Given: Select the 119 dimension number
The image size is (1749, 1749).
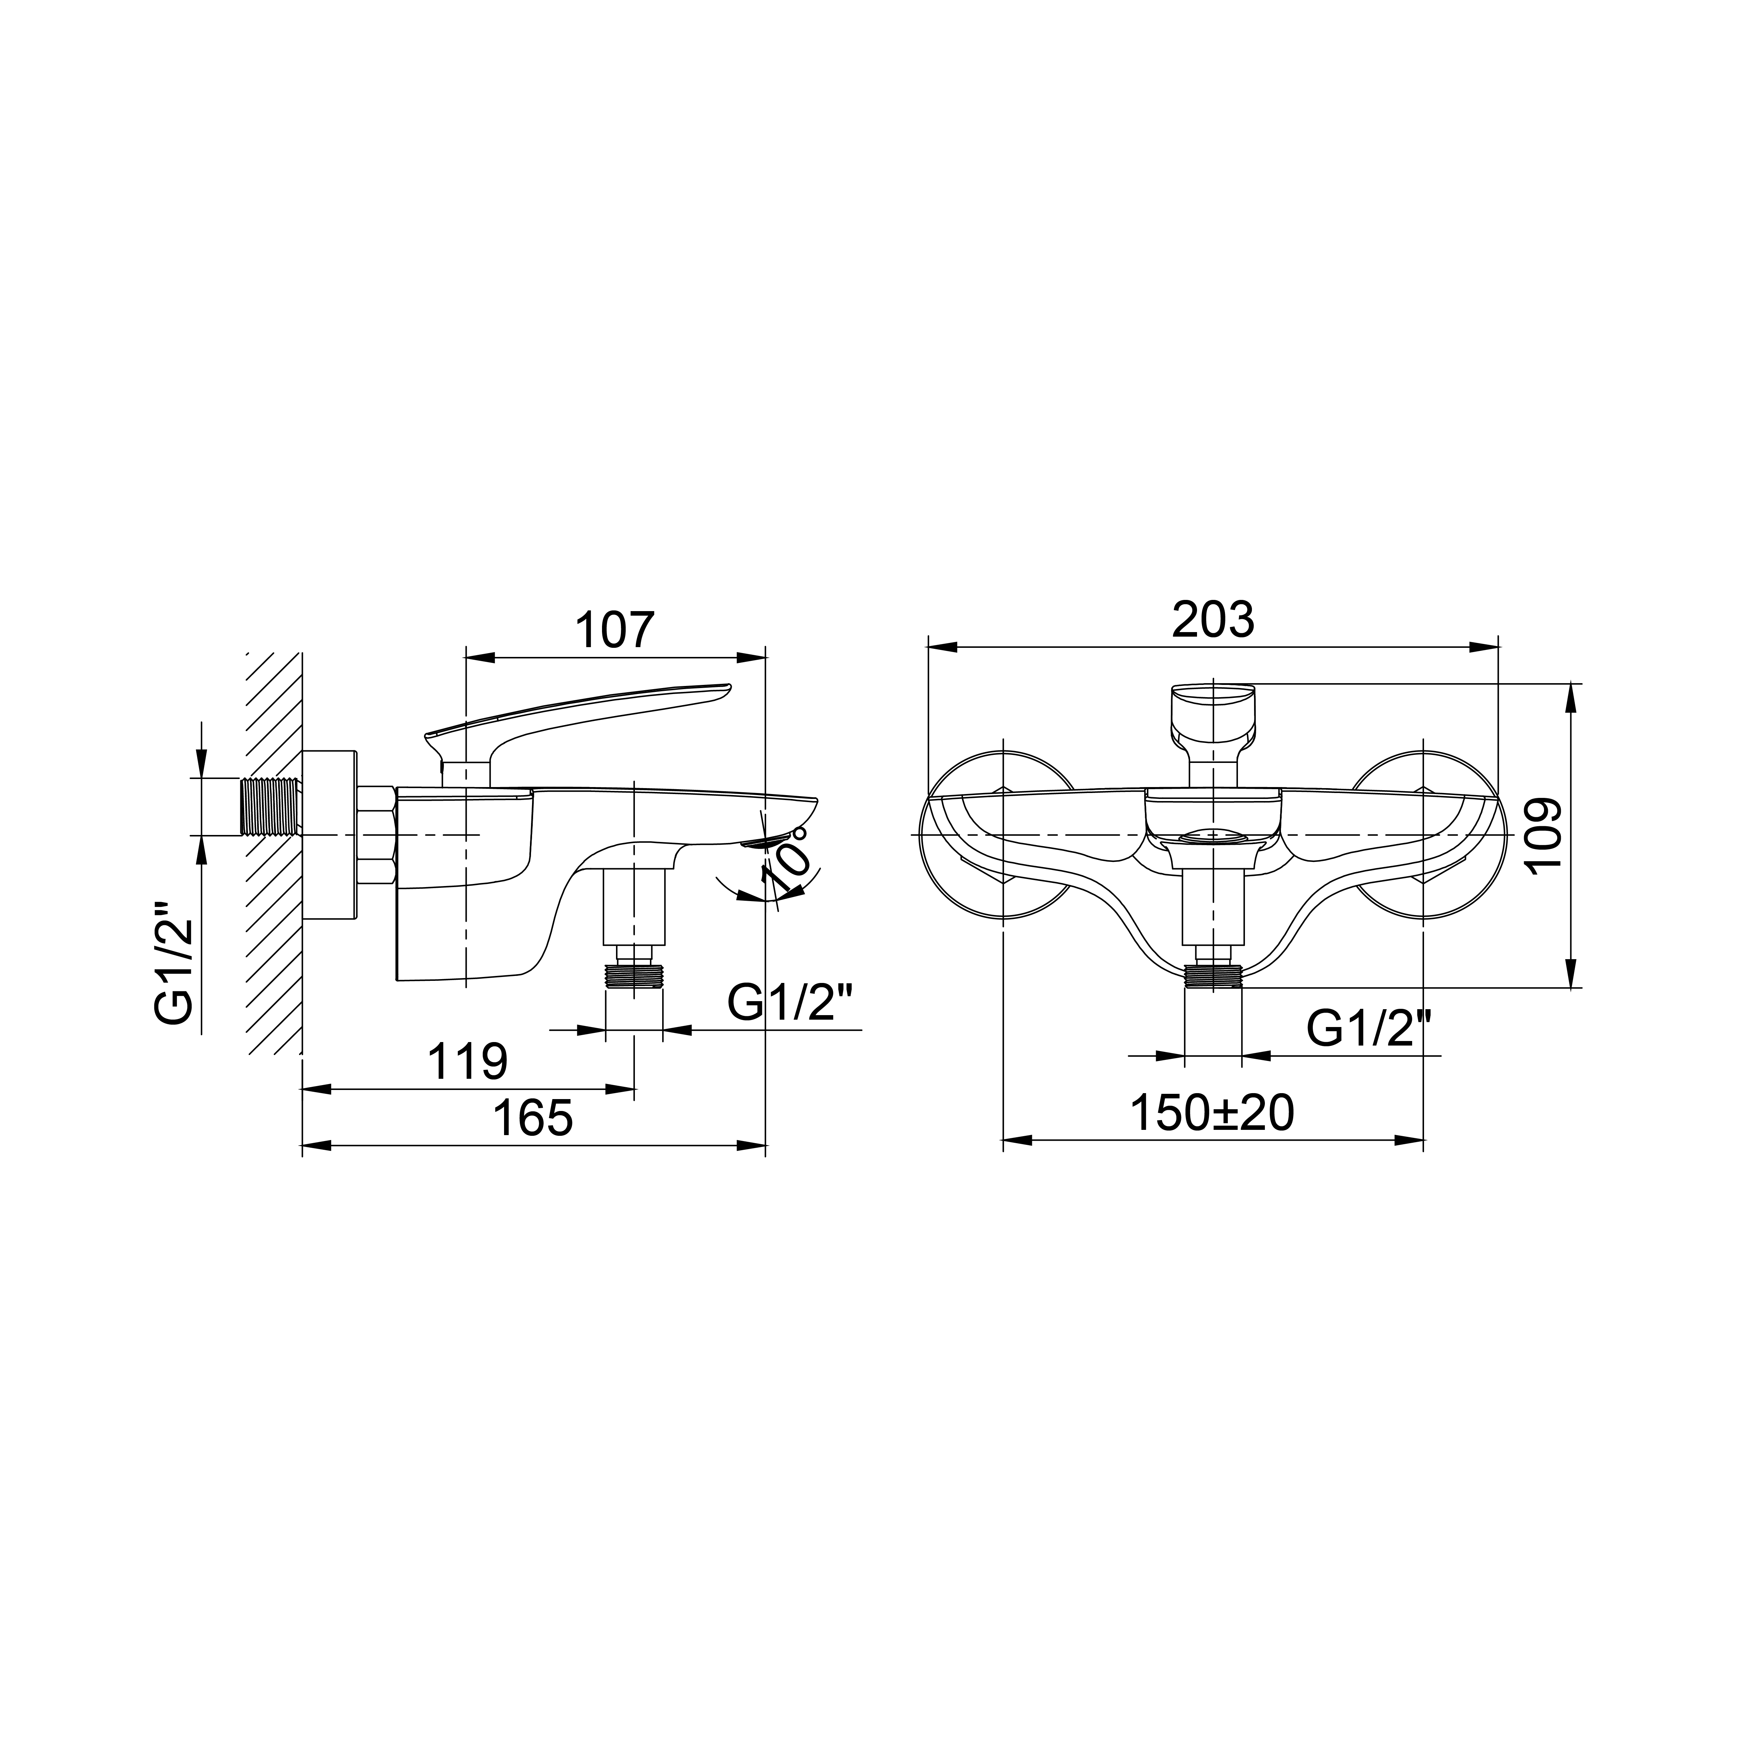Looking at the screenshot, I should tap(467, 1062).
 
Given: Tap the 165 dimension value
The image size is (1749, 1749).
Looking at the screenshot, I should tap(532, 1118).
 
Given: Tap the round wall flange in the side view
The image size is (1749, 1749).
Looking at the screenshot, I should tap(331, 835).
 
